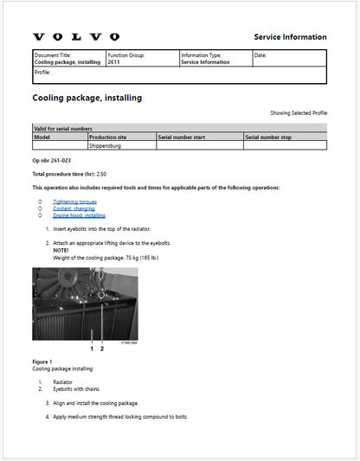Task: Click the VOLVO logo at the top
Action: [76, 37]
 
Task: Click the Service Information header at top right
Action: [290, 37]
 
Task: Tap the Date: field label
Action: [260, 55]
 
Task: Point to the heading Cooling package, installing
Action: [87, 98]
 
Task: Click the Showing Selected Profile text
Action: [299, 113]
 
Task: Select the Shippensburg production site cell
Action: [108, 146]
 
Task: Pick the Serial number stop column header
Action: [273, 137]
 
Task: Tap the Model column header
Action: [42, 137]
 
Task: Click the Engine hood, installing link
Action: [79, 214]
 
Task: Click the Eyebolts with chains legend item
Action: [77, 388]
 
